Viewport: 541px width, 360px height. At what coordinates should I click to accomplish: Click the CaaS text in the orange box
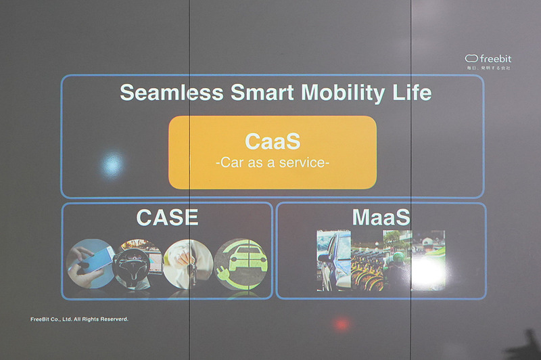(272, 142)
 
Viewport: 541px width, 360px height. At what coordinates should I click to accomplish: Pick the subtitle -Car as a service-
(272, 163)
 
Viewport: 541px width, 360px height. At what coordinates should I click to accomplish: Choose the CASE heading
(167, 217)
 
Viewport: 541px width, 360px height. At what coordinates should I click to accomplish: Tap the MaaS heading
(381, 217)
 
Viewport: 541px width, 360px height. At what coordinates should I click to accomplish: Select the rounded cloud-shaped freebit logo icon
(472, 58)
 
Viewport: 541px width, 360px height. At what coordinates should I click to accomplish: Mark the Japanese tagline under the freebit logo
(488, 68)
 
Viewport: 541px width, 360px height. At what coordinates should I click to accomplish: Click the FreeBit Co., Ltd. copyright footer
(79, 319)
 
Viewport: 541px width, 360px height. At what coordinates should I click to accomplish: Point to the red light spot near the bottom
(342, 323)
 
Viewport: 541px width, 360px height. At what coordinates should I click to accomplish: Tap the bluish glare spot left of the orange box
(112, 163)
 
